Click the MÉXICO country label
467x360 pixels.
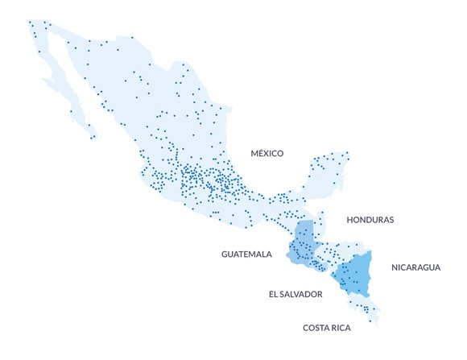point(267,153)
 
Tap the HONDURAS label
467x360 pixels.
point(370,219)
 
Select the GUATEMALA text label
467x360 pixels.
point(247,254)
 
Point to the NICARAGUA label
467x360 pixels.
point(415,267)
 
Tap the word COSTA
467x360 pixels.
point(316,328)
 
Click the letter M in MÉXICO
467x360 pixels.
point(254,153)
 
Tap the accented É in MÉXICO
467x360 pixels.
point(262,153)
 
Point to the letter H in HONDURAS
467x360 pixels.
point(349,219)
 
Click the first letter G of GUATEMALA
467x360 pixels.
point(225,254)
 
